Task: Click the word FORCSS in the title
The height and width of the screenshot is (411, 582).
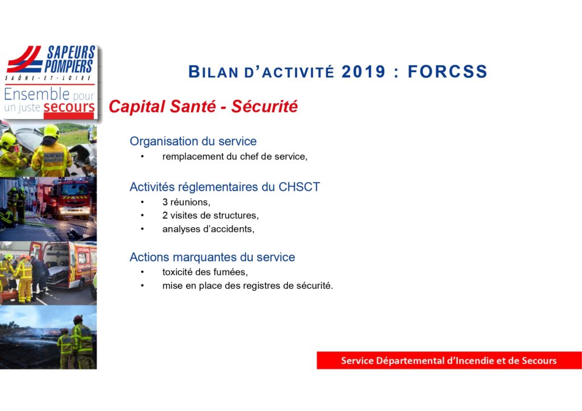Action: point(447,72)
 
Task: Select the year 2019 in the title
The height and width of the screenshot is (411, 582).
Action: point(363,72)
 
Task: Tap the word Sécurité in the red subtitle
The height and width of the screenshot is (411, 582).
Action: point(264,106)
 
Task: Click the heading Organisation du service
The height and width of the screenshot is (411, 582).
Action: point(193,141)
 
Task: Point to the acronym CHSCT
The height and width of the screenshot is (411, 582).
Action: point(299,187)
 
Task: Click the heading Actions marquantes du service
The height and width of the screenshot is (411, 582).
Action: point(213,257)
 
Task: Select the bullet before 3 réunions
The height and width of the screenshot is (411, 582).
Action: point(142,202)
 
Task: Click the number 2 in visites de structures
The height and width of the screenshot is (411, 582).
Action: point(165,215)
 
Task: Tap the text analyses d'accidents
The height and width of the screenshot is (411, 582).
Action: point(208,229)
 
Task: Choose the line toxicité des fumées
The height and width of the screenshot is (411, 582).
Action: point(205,272)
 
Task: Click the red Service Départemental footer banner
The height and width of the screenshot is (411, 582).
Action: point(449,360)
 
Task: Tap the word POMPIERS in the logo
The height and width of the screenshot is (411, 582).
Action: point(69,66)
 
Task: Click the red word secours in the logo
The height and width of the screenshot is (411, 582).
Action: point(69,107)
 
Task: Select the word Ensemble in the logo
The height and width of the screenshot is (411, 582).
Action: point(37,94)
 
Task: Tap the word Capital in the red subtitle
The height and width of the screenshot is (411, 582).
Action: point(136,107)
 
